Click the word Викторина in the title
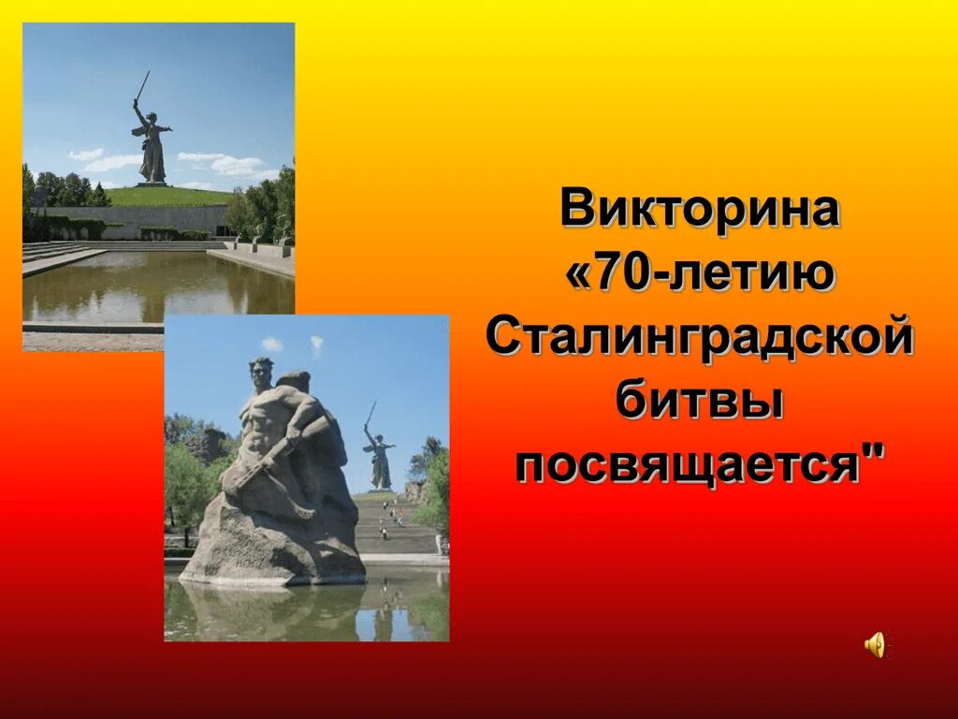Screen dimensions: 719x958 pos(699,210)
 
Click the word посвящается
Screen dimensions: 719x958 pos(688,465)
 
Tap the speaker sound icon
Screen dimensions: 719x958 pos(876,645)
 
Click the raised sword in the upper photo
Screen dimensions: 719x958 pos(142,87)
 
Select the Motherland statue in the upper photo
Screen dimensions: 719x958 pos(151,140)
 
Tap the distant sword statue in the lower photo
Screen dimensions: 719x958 pos(378,454)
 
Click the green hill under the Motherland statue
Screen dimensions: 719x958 pos(168,196)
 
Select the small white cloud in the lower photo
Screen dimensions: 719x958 pos(272,345)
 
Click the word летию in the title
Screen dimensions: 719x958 pos(748,274)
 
